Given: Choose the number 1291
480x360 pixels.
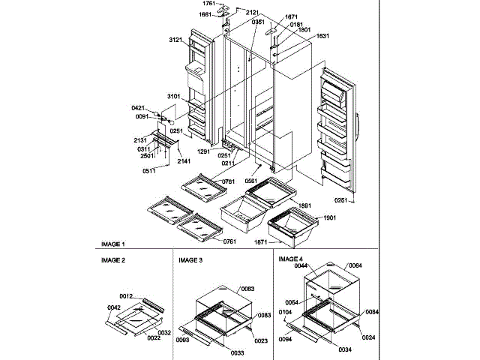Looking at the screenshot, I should (204, 151).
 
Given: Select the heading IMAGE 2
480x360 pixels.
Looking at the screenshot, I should (113, 259).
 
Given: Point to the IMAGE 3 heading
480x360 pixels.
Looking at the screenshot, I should (190, 259).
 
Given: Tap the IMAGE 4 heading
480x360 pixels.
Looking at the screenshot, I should (290, 259).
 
